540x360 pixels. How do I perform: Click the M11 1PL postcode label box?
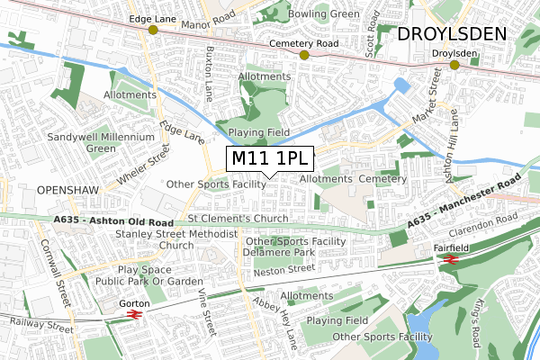tap(270, 159)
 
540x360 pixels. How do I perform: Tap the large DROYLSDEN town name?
tap(453, 33)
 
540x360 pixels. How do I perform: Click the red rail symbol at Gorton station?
tap(133, 315)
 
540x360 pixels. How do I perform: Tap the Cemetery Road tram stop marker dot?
tap(304, 55)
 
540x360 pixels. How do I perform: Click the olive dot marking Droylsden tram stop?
tap(455, 65)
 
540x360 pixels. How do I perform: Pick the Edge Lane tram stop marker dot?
tap(153, 30)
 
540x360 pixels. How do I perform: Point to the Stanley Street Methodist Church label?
tap(176, 239)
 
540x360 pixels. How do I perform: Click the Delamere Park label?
tap(277, 253)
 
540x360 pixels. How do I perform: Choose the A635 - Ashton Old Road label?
tap(112, 219)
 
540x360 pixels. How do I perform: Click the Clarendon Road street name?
tap(493, 223)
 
